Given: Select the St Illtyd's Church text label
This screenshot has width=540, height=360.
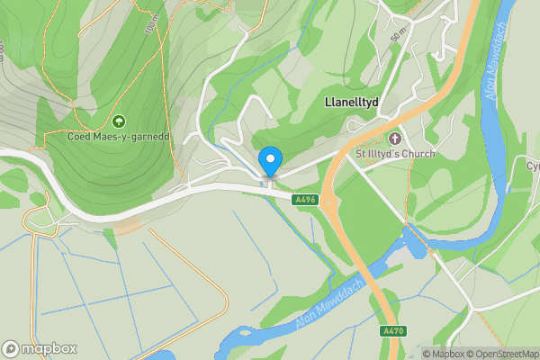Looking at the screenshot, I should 395,154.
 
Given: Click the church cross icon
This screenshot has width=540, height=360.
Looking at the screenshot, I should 394,138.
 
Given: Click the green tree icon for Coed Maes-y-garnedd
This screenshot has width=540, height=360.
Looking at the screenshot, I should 118,121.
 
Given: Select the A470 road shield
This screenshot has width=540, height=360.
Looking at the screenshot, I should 392,331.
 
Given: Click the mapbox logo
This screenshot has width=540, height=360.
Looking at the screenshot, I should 40,348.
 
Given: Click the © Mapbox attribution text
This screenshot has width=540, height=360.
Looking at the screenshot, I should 436,354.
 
